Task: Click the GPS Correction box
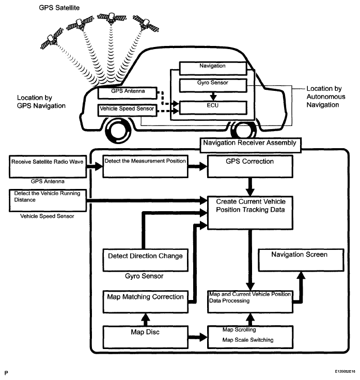(250, 166)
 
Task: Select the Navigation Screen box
(301, 260)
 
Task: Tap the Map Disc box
(146, 337)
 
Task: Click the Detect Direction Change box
(146, 260)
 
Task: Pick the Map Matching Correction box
(146, 302)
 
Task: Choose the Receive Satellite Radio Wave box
(48, 167)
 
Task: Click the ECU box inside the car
(213, 107)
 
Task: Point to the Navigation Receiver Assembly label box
(251, 145)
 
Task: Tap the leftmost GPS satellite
(52, 39)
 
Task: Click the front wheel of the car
(118, 131)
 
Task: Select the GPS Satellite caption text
(59, 8)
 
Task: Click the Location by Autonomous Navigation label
(326, 97)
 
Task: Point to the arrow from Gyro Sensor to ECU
(213, 96)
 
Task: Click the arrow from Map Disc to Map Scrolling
(198, 337)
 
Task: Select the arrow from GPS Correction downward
(250, 187)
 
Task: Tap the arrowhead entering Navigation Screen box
(301, 275)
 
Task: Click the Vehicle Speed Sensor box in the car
(127, 110)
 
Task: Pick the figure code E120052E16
(345, 371)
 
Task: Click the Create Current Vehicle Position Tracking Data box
(250, 213)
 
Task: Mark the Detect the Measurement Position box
(145, 166)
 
